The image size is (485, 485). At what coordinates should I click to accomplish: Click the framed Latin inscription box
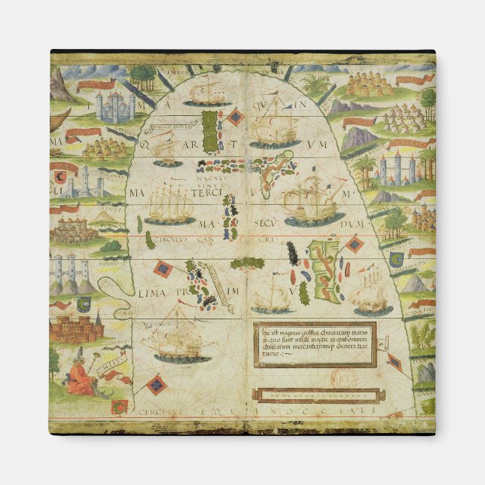[314, 345]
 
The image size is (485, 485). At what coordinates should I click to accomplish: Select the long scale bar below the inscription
[314, 394]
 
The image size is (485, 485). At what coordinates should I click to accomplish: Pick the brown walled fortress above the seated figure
[75, 328]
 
